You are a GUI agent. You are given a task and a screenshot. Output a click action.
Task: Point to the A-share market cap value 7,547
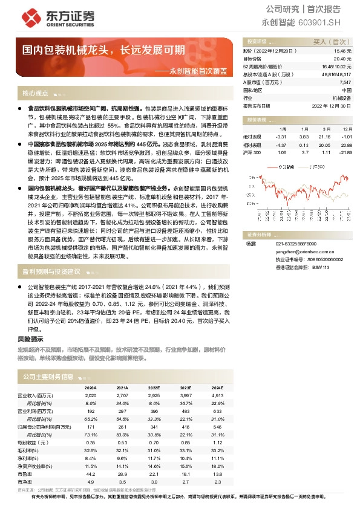[x=344, y=82]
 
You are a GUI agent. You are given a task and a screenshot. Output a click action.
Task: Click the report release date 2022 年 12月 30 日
[x=331, y=105]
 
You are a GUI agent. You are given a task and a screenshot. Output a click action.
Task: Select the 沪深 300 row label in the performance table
[x=252, y=152]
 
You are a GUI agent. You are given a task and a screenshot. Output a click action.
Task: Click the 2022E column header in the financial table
[x=154, y=387]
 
